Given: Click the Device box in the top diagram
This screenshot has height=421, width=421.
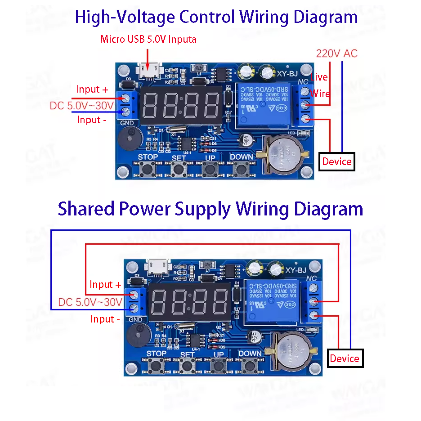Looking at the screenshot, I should click(x=337, y=161).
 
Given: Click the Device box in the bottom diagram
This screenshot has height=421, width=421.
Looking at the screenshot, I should click(x=345, y=358).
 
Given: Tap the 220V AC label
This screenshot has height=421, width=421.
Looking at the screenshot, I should click(x=336, y=54).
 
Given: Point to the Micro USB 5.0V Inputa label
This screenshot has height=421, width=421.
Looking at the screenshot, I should click(x=148, y=39).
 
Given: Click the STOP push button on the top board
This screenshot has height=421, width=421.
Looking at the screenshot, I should click(x=148, y=169).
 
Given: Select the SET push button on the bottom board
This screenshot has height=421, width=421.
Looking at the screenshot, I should click(x=187, y=366).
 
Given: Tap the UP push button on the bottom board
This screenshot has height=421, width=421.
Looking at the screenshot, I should click(x=219, y=366).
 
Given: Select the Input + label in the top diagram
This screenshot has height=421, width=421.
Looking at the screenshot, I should click(x=92, y=89).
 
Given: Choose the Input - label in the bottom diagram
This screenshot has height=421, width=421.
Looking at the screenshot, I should click(x=105, y=319).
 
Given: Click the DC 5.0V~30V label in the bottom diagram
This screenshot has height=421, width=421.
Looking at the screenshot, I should click(x=90, y=302).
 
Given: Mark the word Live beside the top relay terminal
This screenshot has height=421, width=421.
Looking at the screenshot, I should click(x=319, y=77).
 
